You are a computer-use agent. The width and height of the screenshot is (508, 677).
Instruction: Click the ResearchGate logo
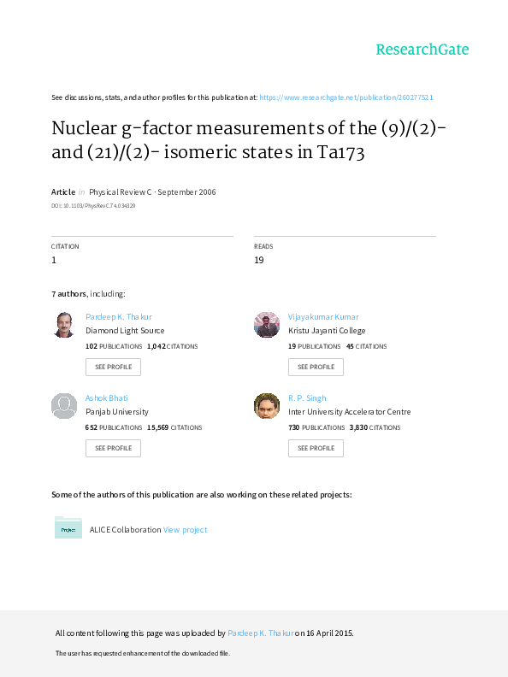[422, 50]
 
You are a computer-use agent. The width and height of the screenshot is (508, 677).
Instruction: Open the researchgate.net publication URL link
[346, 97]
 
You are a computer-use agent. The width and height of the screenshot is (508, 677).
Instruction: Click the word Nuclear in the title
[84, 128]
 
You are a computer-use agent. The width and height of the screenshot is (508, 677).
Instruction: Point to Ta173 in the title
[341, 152]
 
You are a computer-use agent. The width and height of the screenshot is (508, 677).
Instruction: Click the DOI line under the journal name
[93, 206]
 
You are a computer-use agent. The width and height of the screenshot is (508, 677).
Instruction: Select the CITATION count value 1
[54, 260]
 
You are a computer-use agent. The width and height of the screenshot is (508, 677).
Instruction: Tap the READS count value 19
[259, 260]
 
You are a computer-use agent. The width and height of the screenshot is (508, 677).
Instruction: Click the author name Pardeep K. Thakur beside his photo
[119, 317]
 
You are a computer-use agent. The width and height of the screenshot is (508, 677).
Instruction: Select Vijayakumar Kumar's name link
[323, 317]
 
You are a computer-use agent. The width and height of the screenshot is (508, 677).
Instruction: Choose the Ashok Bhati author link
[107, 398]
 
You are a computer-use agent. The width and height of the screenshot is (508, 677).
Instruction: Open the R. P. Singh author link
[307, 398]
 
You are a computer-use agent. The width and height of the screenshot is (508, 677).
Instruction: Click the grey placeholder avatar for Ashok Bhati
[64, 406]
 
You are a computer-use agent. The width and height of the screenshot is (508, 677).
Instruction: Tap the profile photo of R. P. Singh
[267, 406]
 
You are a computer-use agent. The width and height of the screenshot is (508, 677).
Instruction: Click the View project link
[186, 530]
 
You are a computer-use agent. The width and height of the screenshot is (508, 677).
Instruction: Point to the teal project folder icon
[68, 527]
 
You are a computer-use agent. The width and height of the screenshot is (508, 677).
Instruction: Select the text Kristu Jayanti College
[327, 331]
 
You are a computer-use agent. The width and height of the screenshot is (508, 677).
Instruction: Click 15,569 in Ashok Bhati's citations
[157, 427]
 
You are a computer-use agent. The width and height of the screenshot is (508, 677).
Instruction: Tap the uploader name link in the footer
[261, 633]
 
